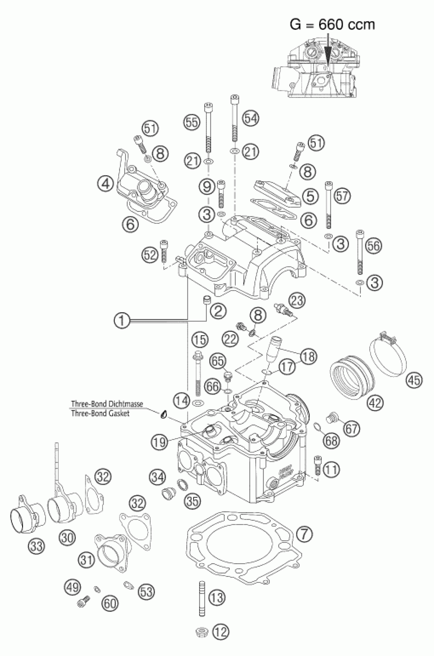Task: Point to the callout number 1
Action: click(122, 321)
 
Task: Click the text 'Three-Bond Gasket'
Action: click(100, 413)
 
